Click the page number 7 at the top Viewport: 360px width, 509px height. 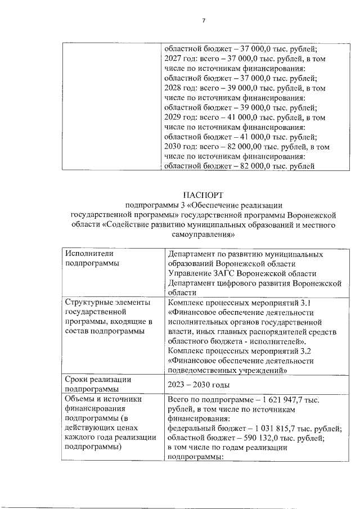point(204,21)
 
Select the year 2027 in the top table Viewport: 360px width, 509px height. point(172,59)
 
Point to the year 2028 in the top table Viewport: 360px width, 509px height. point(172,88)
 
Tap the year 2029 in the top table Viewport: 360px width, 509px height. point(172,118)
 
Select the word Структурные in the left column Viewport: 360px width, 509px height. point(87,303)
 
